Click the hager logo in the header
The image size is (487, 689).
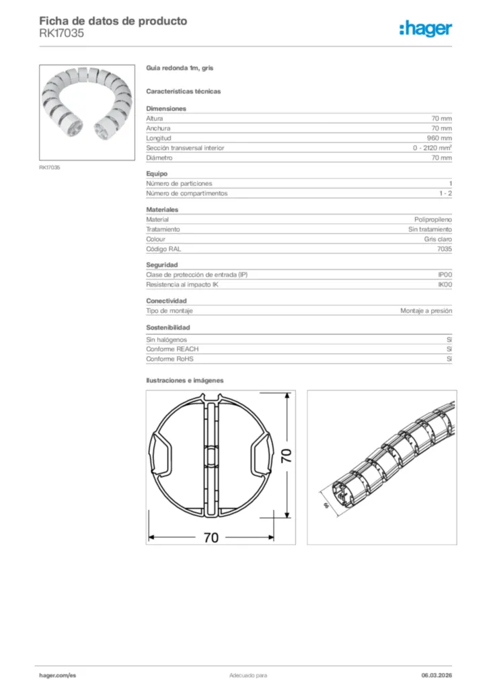click(425, 28)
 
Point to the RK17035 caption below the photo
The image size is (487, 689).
click(49, 168)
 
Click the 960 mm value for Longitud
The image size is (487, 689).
click(440, 138)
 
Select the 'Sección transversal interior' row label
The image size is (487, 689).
click(185, 148)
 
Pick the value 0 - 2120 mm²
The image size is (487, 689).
click(432, 148)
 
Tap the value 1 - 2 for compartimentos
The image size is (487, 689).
click(445, 193)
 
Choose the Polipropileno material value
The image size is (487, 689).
click(433, 219)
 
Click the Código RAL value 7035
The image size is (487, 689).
click(444, 249)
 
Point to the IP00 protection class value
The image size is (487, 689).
click(445, 275)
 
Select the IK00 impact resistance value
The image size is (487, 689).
click(445, 285)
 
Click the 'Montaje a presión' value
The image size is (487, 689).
click(426, 311)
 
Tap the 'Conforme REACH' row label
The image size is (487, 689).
click(172, 349)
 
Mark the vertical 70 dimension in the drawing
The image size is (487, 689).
click(287, 457)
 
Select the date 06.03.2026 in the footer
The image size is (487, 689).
click(436, 674)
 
